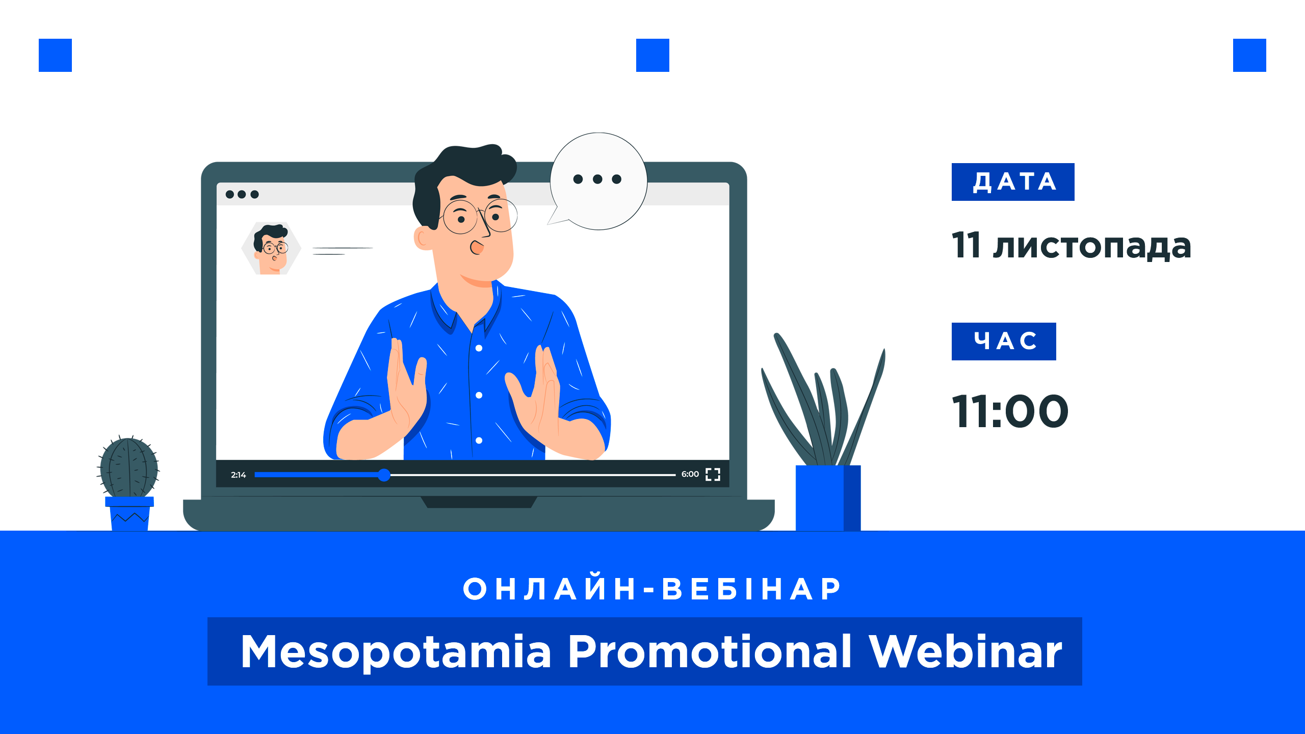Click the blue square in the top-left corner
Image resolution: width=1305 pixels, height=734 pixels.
[x=55, y=55]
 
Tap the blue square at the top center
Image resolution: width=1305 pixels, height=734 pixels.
[x=652, y=55]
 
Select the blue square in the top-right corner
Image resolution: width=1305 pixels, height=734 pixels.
[x=1249, y=55]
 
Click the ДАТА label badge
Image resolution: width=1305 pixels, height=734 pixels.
[x=1013, y=182]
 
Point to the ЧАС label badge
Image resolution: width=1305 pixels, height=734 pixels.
[x=1004, y=342]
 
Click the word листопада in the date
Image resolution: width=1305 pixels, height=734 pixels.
[x=1092, y=246]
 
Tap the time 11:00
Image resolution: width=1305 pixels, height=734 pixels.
[x=1010, y=411]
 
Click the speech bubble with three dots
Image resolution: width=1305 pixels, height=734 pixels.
[x=597, y=181]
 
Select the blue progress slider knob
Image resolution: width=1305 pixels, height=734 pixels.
[x=384, y=475]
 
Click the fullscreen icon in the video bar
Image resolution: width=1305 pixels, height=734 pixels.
[x=713, y=475]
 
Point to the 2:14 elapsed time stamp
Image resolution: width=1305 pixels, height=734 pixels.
[x=238, y=475]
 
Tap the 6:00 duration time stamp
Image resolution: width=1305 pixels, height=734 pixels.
[x=690, y=474]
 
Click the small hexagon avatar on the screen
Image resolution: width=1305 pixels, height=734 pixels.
[x=271, y=248]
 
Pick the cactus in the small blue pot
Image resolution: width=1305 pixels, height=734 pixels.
[x=128, y=466]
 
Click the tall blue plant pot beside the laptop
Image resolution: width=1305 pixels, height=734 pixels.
[x=828, y=498]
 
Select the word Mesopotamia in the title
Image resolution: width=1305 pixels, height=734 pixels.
[x=396, y=653]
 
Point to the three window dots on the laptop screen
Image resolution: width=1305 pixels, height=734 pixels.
[x=242, y=194]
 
